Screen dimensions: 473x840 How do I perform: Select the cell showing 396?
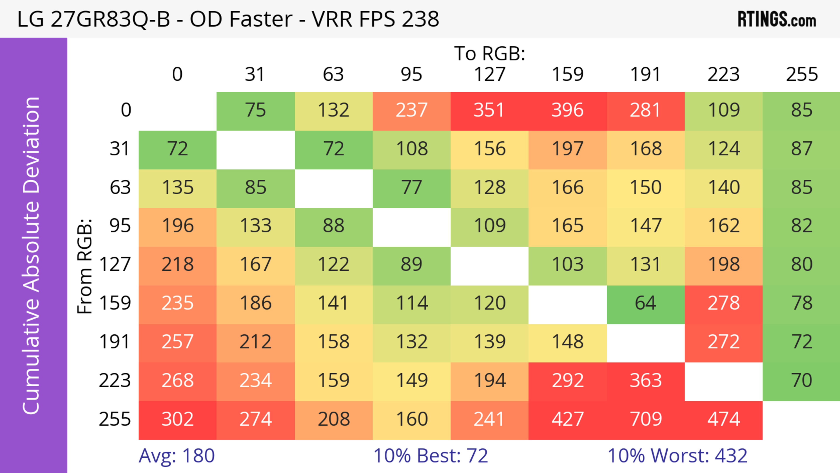[x=567, y=110]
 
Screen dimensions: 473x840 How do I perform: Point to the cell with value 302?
[x=177, y=420]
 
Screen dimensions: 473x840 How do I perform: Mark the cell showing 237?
[x=411, y=110]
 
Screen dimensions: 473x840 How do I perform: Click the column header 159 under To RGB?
[x=567, y=74]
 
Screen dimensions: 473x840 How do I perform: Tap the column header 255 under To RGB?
[x=801, y=74]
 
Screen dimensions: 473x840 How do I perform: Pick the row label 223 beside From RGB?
[x=115, y=381]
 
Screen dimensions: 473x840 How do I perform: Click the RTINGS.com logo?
[x=777, y=19]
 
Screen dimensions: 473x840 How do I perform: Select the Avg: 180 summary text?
[x=176, y=456]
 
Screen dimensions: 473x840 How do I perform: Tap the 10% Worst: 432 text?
[x=677, y=456]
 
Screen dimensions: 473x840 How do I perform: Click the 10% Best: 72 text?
[x=430, y=456]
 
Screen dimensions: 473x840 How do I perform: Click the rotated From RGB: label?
[x=85, y=266]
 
